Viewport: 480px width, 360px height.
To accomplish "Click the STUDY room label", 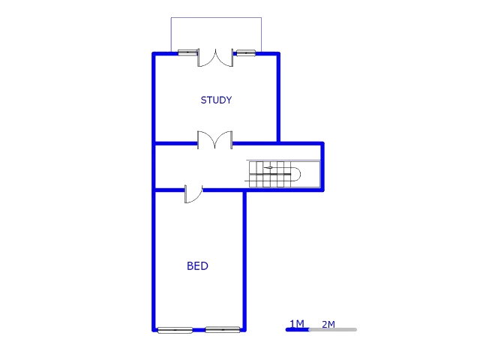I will click(x=215, y=100).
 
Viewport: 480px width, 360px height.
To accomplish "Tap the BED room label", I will click(x=197, y=265).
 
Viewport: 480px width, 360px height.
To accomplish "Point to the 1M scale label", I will click(x=297, y=324).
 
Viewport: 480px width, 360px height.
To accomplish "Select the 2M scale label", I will click(x=328, y=324).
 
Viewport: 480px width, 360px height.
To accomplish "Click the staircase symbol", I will click(x=273, y=173).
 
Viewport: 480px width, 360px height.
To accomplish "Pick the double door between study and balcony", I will click(x=215, y=58).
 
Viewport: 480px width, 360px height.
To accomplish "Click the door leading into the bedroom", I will click(x=192, y=192).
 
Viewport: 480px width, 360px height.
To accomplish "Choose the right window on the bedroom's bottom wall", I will click(x=223, y=329).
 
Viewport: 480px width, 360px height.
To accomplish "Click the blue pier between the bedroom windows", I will click(x=199, y=329).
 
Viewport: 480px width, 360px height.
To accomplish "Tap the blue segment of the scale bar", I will click(x=296, y=330).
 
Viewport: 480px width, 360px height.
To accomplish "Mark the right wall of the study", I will click(x=278, y=96).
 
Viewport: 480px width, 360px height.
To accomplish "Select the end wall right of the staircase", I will click(x=323, y=165).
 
